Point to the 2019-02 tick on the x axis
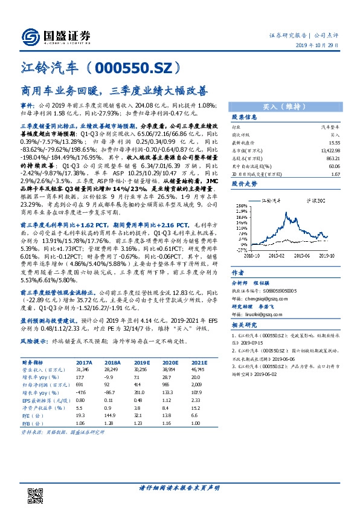point(278,256)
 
